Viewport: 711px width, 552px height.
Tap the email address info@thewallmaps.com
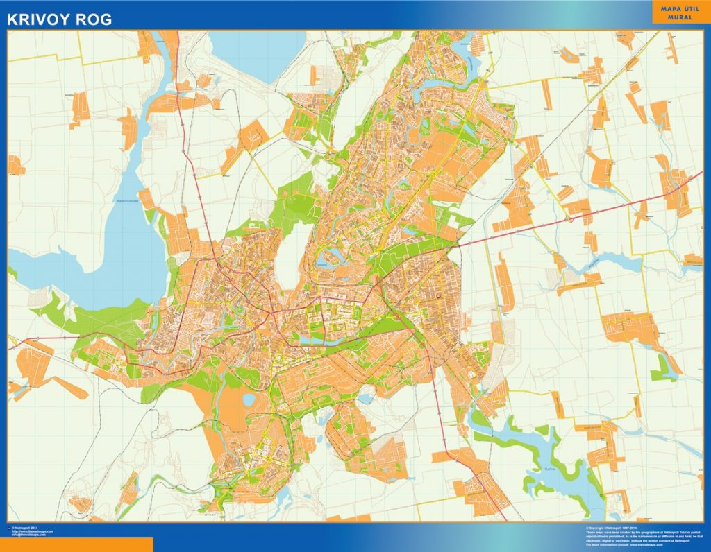pos(28,535)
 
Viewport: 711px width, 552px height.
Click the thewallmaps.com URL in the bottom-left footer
pos(31,531)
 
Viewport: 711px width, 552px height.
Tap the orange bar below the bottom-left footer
pos(76,544)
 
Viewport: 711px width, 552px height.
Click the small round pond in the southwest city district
pos(249,399)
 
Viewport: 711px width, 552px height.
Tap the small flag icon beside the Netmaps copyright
pos(9,528)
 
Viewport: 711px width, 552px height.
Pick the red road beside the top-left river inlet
pos(177,69)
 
